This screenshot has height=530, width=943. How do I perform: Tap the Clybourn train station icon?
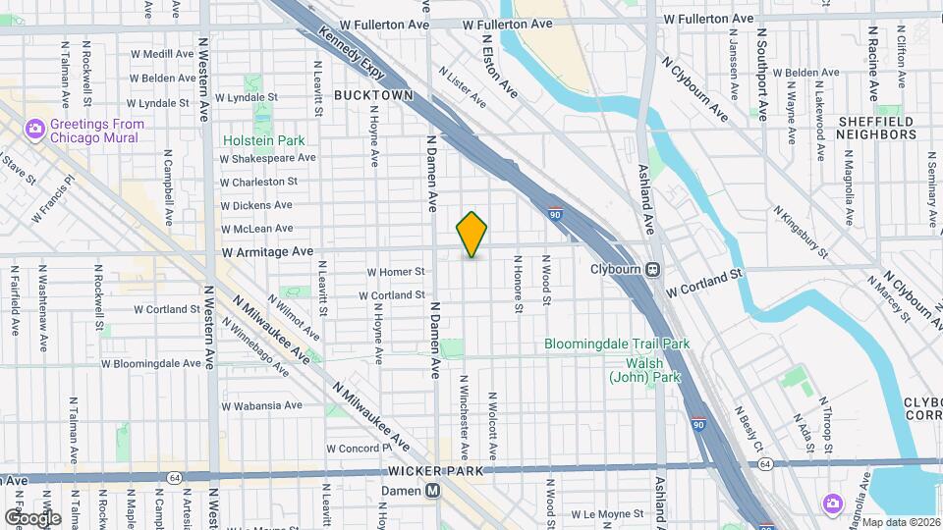coord(652,268)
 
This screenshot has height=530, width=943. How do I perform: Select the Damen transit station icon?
coord(432,491)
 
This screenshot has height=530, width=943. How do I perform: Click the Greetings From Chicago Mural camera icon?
coord(35,129)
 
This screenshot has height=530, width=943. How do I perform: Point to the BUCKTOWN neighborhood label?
coord(372,95)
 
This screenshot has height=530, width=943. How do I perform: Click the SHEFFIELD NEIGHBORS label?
coord(875,129)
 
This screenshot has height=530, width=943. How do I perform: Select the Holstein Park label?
coord(264,140)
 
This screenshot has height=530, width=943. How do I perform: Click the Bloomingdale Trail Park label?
coord(618,344)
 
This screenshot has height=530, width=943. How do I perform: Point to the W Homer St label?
coord(395,272)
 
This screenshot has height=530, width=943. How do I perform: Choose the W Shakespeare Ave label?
coord(267,157)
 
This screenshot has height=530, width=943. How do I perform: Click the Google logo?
coord(32,517)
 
